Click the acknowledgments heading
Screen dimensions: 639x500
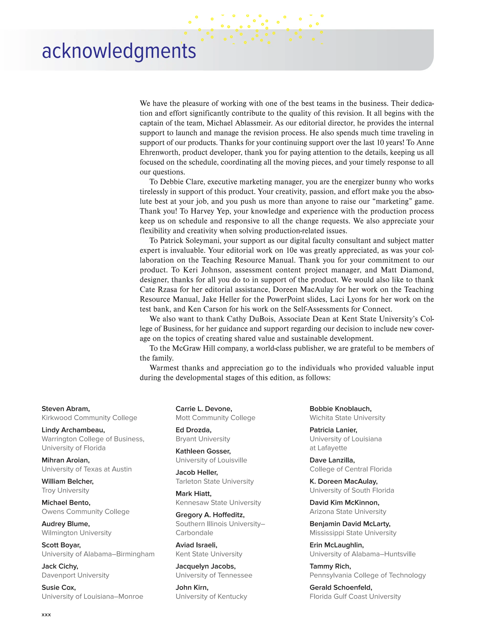point(119,51)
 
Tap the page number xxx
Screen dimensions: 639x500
point(46,614)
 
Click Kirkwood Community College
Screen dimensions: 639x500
point(89,418)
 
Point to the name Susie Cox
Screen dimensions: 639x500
point(59,588)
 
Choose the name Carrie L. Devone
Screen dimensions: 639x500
point(204,409)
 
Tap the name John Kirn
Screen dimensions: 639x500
point(192,588)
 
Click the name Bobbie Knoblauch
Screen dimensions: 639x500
point(340,409)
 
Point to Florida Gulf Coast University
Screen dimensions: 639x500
point(355,597)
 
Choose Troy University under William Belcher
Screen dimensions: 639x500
point(65,490)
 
